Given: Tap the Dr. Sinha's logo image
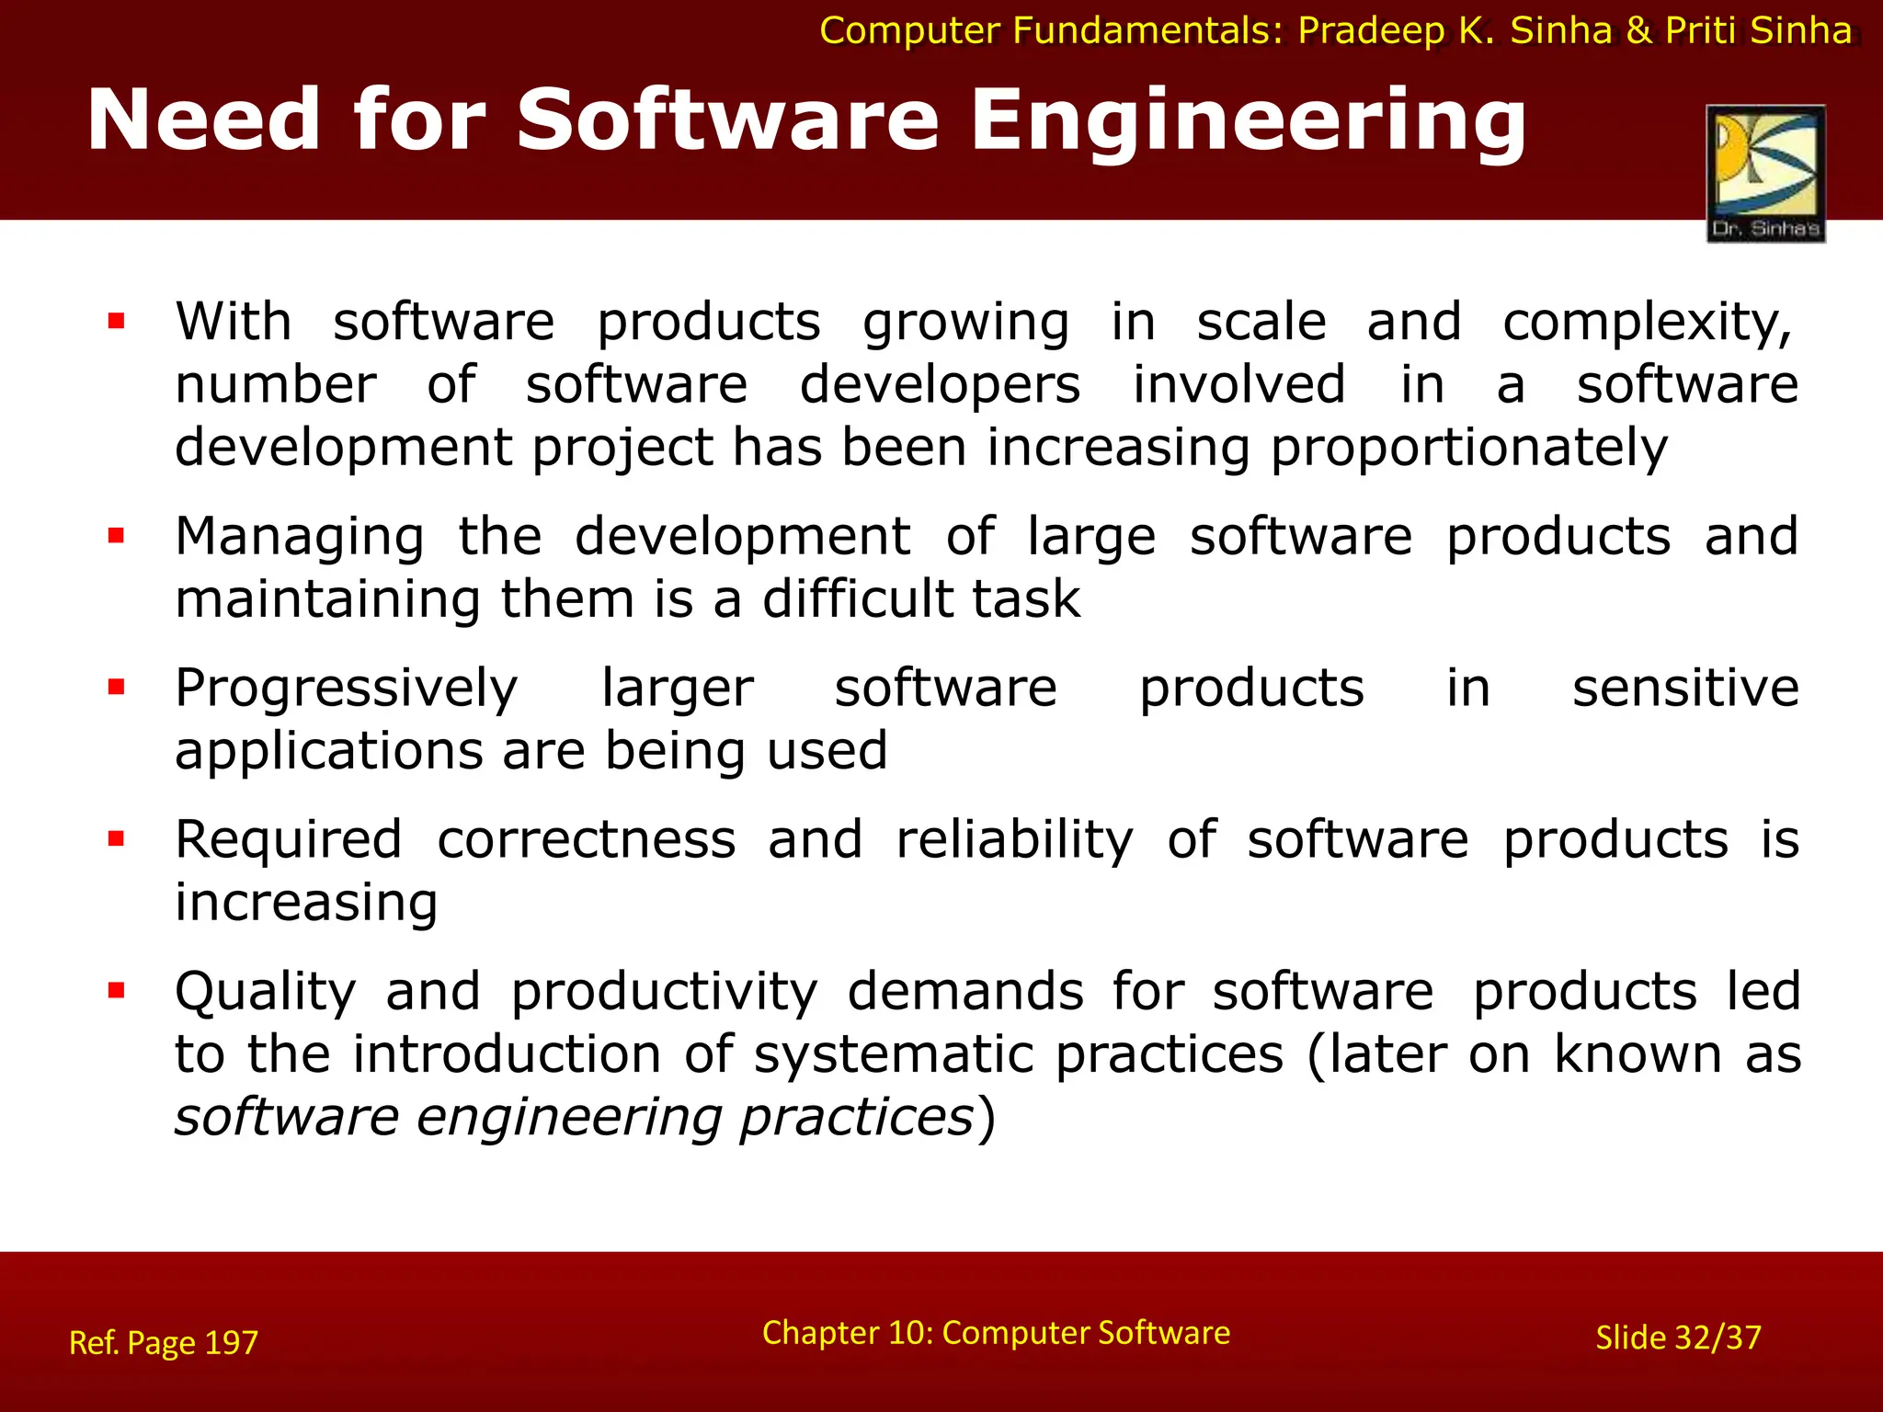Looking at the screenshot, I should pyautogui.click(x=1765, y=174).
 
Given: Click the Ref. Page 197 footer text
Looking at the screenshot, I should pyautogui.click(x=164, y=1343).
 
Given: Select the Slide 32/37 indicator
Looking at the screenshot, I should pyautogui.click(x=1678, y=1338).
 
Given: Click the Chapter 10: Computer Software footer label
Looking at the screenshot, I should pyautogui.click(x=996, y=1333).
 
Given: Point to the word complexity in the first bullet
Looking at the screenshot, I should pyautogui.click(x=1646, y=324).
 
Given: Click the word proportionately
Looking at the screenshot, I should pyautogui.click(x=1468, y=450).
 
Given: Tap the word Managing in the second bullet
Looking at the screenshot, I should pyautogui.click(x=300, y=538).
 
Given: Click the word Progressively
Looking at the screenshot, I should pyautogui.click(x=347, y=689).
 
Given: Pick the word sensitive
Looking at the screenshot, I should pyautogui.click(x=1685, y=688).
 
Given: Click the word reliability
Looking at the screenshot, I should pyautogui.click(x=1014, y=841).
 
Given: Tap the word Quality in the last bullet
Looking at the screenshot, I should pyautogui.click(x=266, y=993).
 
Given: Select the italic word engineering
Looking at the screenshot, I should pyautogui.click(x=569, y=1119).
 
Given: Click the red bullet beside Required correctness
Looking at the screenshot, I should pyautogui.click(x=116, y=838).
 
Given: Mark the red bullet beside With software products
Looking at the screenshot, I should pyautogui.click(x=116, y=321).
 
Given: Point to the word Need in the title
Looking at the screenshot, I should pyautogui.click(x=203, y=122).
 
